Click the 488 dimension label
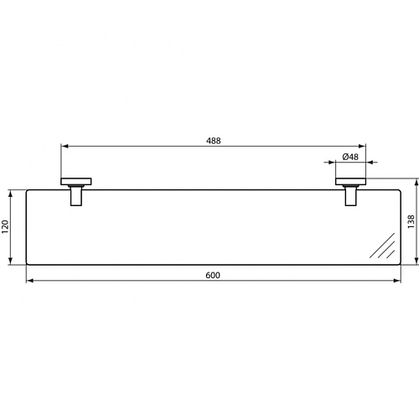(x=214, y=141)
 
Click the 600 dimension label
(x=213, y=276)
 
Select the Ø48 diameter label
(x=350, y=157)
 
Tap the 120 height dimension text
(x=6, y=226)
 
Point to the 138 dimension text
(x=411, y=221)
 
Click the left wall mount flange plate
(x=76, y=181)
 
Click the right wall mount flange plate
(x=350, y=181)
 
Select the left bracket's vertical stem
(x=76, y=196)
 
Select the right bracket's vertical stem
(x=350, y=196)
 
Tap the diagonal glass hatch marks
(x=382, y=246)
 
